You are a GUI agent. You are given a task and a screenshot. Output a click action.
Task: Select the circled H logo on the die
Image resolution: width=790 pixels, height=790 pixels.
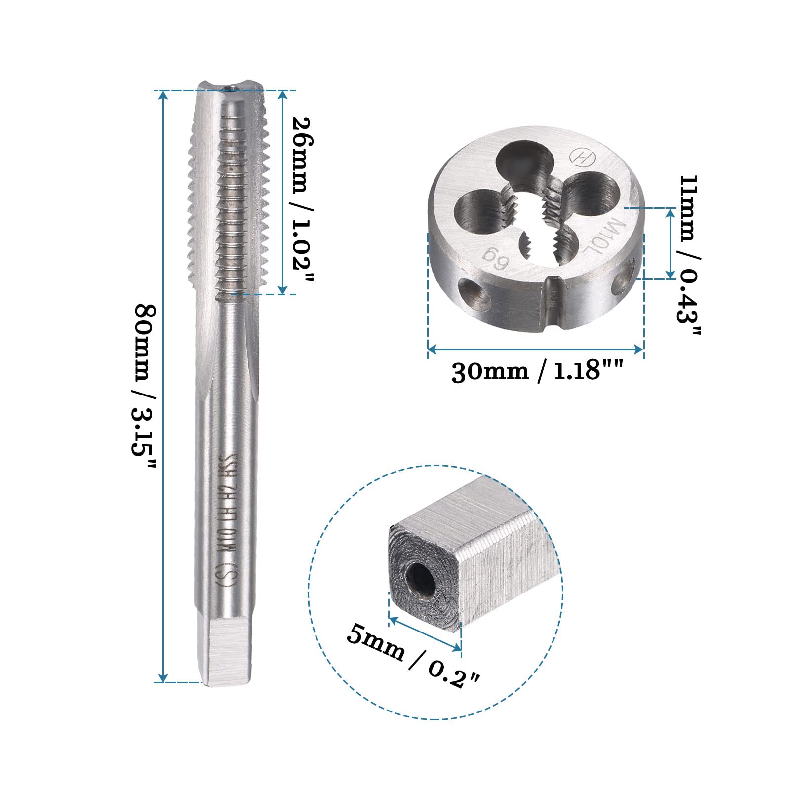(x=583, y=157)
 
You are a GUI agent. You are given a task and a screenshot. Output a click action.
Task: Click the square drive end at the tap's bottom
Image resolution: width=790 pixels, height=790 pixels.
(x=230, y=652)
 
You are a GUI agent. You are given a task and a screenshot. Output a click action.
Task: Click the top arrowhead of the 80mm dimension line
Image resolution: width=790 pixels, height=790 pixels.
(x=163, y=95)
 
